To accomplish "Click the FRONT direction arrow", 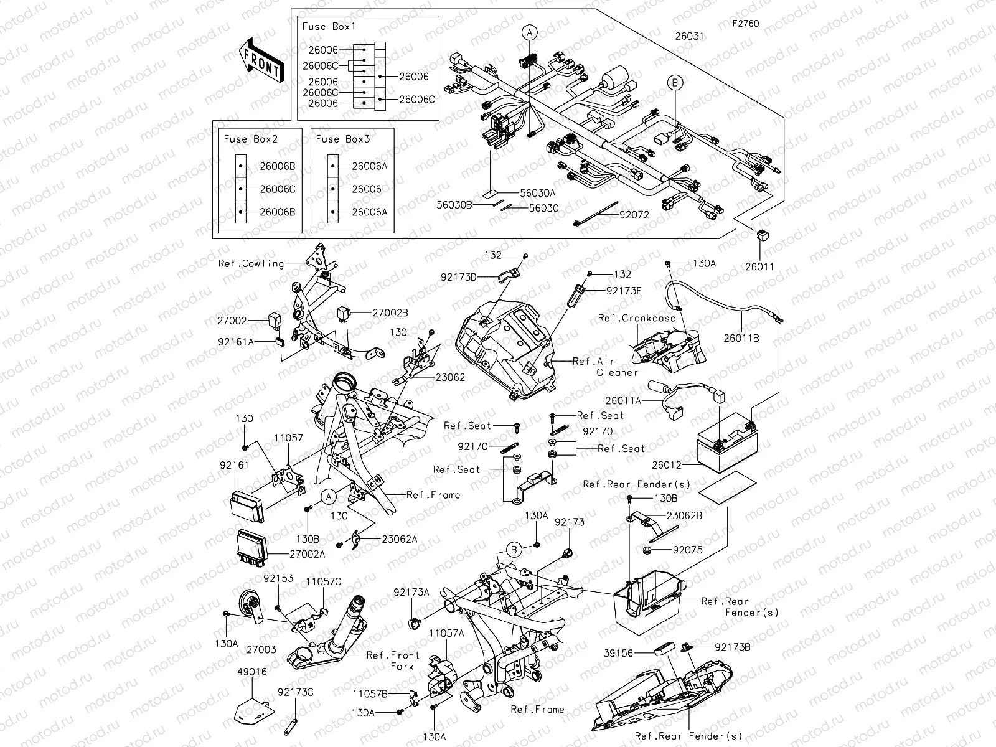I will coord(261,60).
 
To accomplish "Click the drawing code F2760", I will coord(745,24).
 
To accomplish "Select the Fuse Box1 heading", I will coord(329,27).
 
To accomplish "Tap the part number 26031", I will coord(689,37).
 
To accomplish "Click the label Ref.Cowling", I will coord(251,263).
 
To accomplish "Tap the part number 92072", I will coord(634,215).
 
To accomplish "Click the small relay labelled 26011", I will coord(761,235).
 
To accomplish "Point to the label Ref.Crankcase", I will coord(637,318).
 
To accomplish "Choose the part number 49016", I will coord(252,672).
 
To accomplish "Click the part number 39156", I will coord(619,653).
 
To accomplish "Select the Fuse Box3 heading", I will coord(342,139).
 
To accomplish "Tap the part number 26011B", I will coord(741,338).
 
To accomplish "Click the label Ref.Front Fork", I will coord(393,660).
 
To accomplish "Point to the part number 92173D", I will coord(458,278).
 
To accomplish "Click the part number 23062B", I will coord(684,515).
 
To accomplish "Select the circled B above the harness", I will coord(675,82).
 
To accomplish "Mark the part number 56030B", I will coord(454,204).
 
